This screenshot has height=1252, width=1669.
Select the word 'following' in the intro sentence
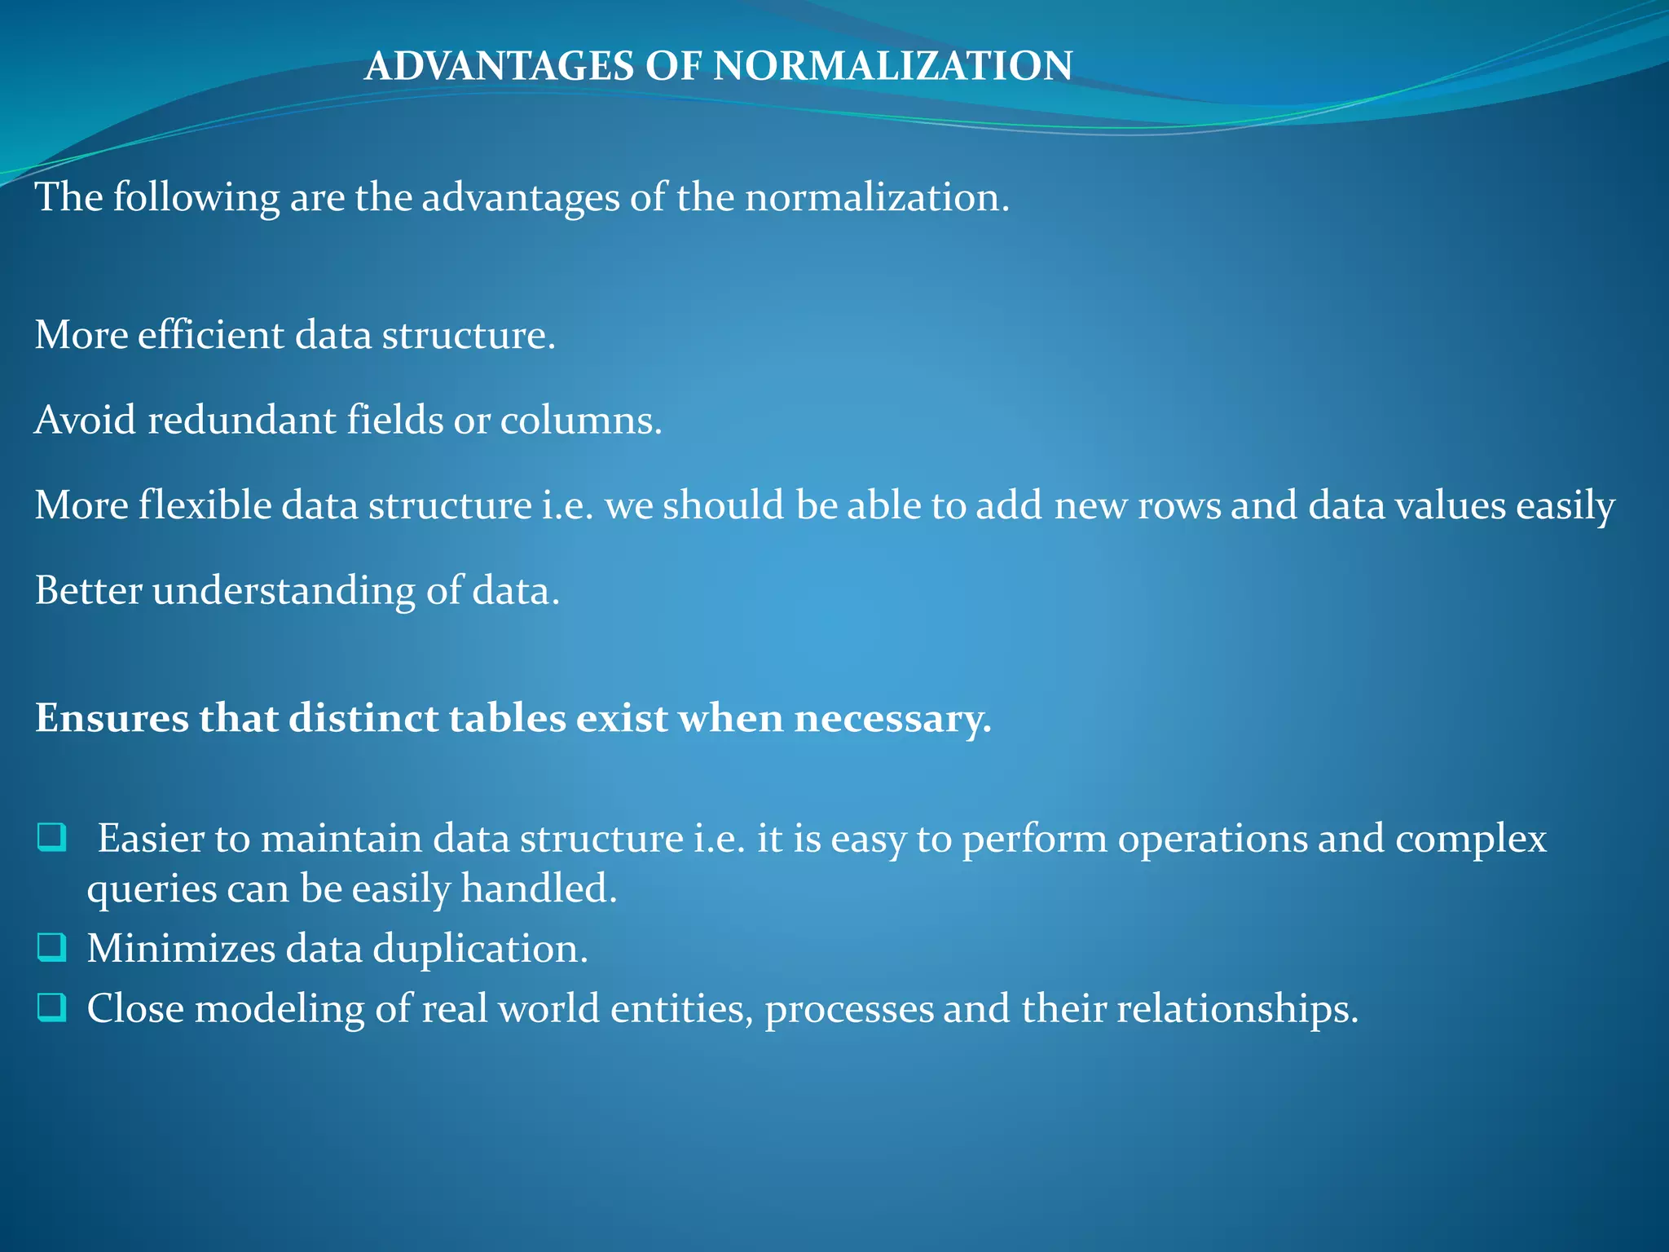tap(196, 199)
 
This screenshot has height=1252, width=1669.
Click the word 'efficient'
tap(210, 335)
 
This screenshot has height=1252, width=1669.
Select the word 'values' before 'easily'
tap(1450, 505)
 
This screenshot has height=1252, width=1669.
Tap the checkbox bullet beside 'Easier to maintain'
tap(51, 838)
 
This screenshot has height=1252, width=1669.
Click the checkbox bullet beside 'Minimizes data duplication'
tap(51, 947)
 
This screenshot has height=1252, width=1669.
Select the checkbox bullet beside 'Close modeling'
tap(51, 1007)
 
